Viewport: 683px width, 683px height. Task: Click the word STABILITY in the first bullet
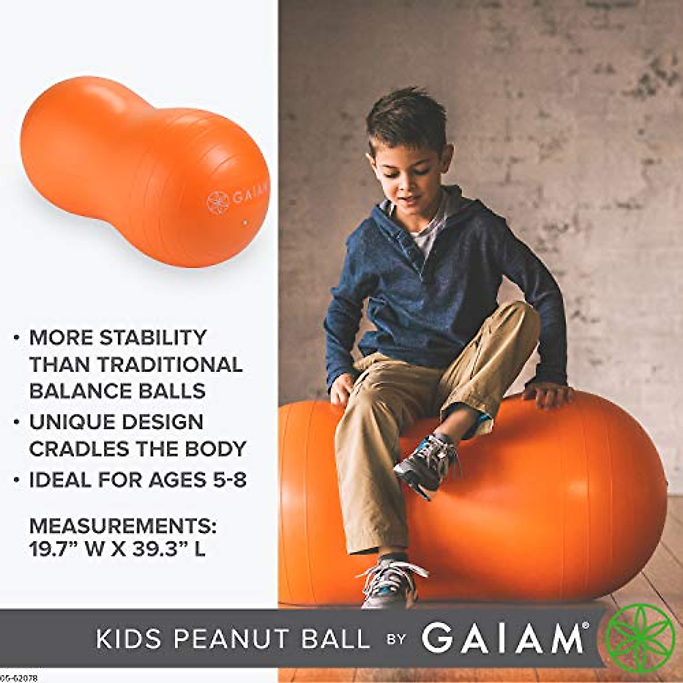[x=153, y=338]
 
